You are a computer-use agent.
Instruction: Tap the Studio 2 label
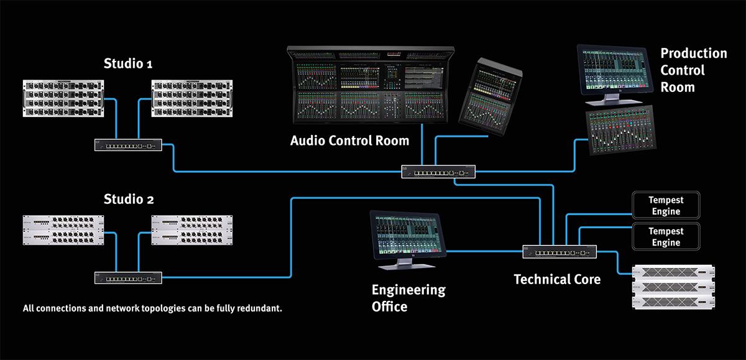coord(129,200)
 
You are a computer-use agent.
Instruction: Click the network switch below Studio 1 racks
coord(128,145)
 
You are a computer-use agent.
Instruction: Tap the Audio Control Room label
coord(349,141)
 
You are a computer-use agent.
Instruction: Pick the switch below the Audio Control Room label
coord(438,171)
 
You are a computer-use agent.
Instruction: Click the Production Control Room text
coord(693,70)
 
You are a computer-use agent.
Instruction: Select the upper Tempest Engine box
coord(666,206)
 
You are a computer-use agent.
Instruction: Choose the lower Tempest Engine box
coord(666,236)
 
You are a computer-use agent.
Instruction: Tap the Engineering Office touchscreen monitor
coord(408,237)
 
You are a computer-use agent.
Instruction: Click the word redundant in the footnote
coord(256,308)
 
